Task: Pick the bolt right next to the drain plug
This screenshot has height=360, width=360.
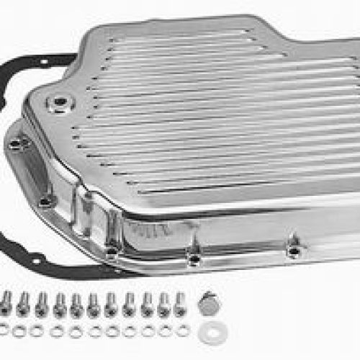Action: tap(179, 303)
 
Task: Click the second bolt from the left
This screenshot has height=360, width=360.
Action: tap(24, 303)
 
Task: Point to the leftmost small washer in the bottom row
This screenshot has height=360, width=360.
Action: tap(6, 330)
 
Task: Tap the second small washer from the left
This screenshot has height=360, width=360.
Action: tap(22, 330)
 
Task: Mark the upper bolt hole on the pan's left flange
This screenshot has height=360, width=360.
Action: tap(17, 144)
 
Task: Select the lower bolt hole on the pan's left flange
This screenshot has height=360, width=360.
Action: tap(45, 201)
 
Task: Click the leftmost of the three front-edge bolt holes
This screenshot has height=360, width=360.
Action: tap(112, 251)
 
